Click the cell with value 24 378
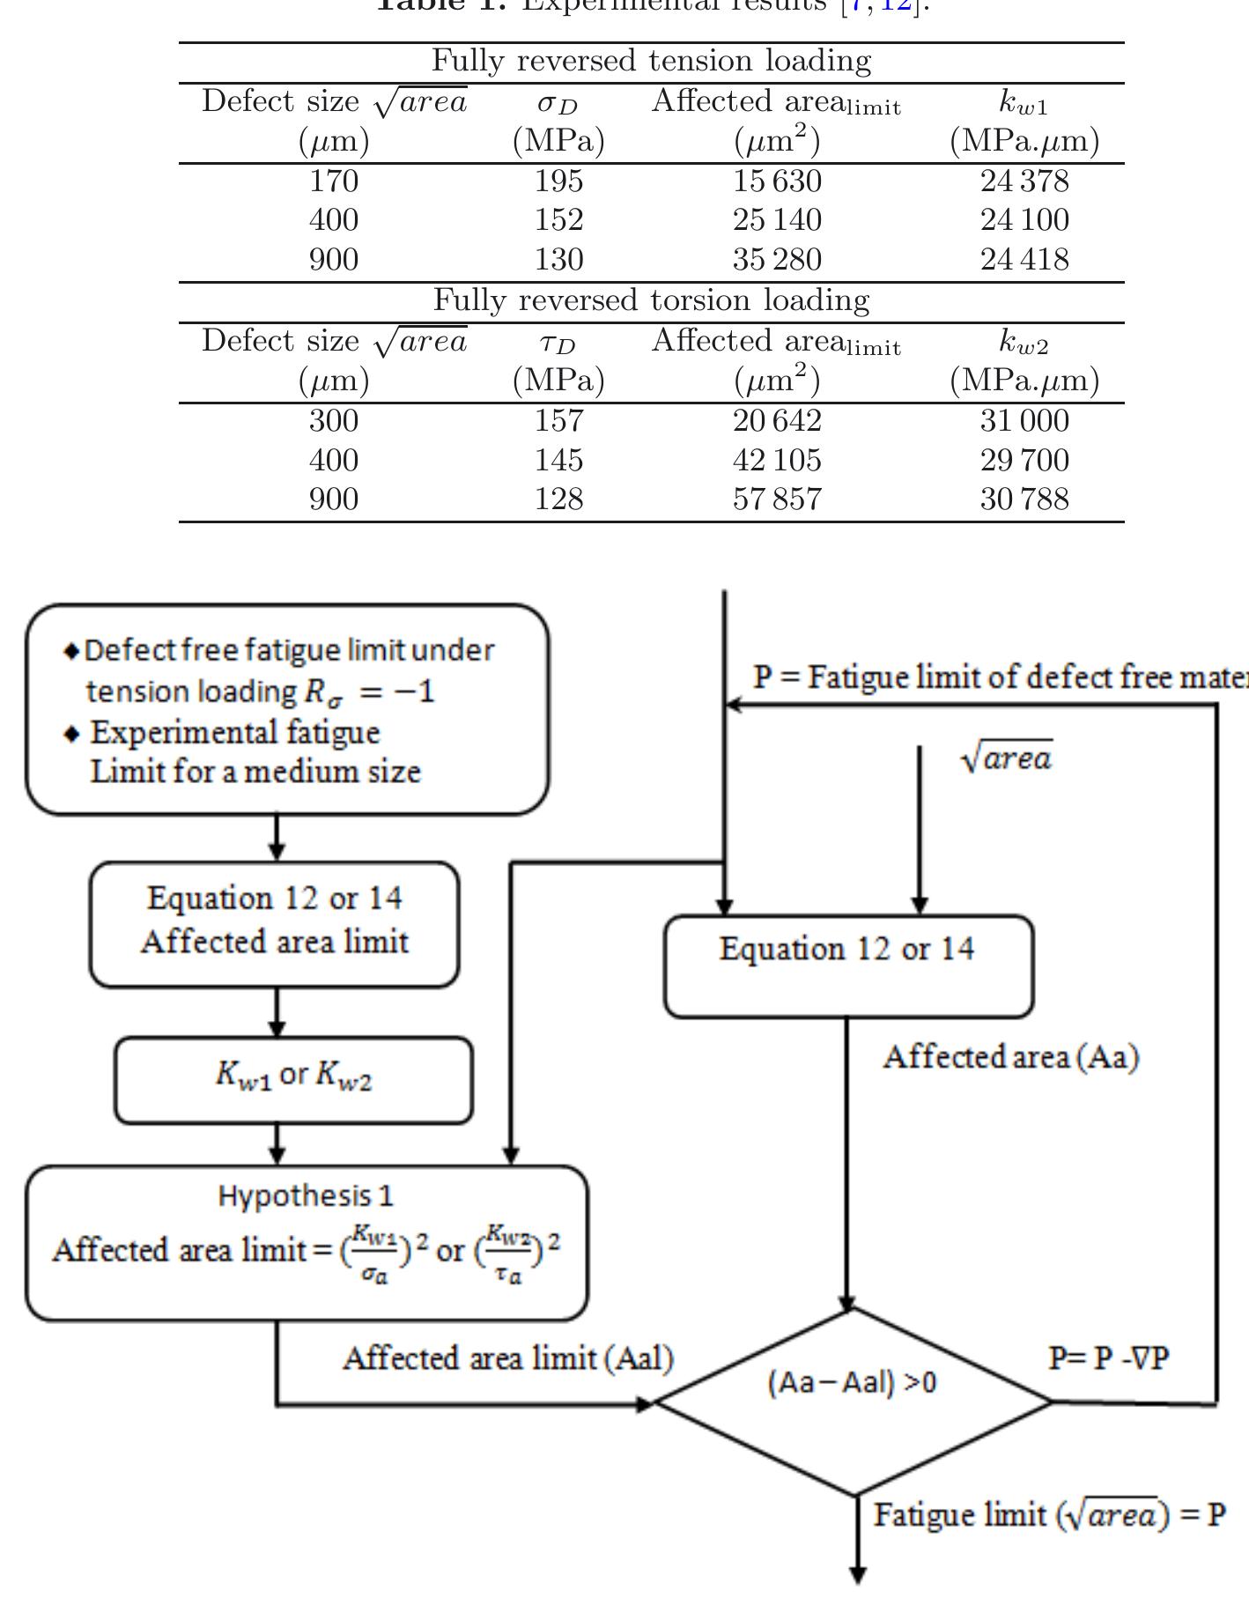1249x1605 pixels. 1024,181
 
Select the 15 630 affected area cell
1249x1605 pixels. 777,181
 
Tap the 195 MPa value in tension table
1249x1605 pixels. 558,181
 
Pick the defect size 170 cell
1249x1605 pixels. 334,181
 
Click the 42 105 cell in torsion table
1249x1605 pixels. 777,460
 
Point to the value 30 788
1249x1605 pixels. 1024,499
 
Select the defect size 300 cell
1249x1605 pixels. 334,420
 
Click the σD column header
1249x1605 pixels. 558,104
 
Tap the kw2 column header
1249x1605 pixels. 1024,343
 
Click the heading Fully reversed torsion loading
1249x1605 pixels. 651,300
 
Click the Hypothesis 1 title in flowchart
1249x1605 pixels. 306,1195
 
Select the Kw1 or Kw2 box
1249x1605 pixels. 293,1079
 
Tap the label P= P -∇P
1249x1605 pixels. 1108,1357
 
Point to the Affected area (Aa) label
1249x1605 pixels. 1010,1056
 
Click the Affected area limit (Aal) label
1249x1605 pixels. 507,1357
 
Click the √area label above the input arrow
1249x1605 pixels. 1007,758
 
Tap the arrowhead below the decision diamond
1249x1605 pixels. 856,1575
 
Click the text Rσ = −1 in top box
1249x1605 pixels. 368,691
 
